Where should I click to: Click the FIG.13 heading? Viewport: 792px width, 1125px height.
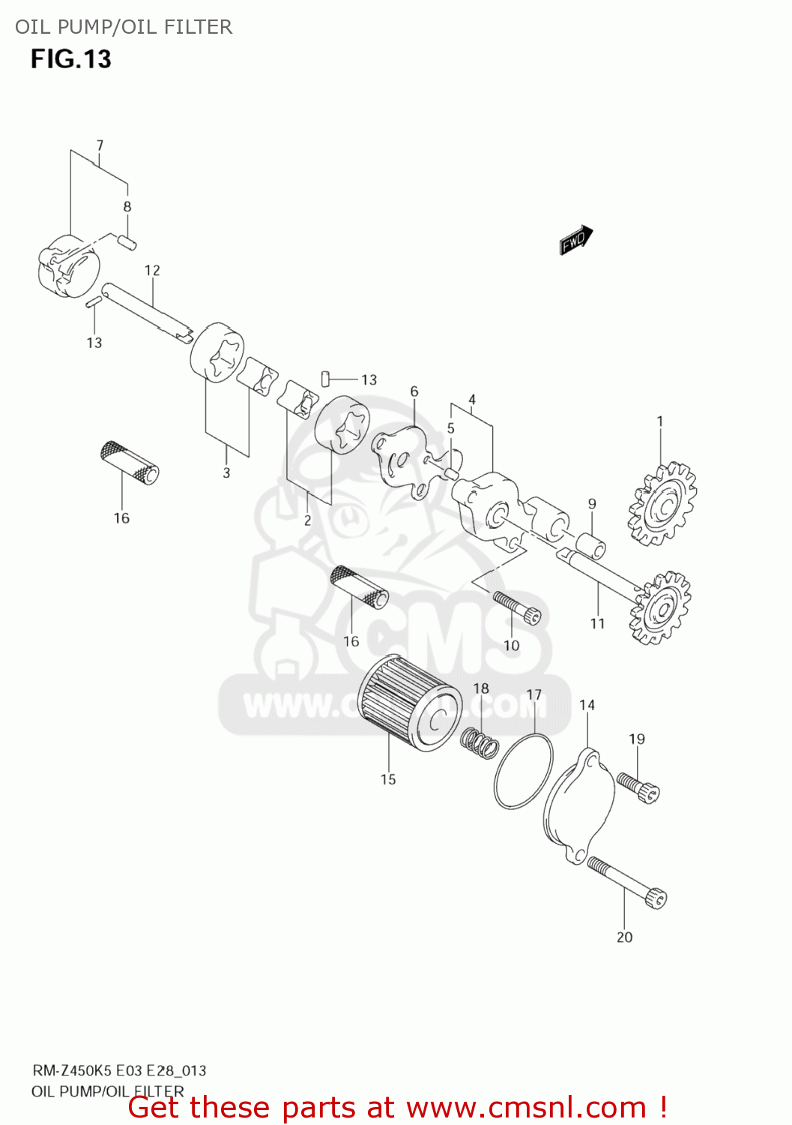tap(71, 59)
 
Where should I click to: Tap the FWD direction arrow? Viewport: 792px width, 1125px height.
tap(576, 240)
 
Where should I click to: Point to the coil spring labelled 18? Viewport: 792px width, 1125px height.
tap(480, 742)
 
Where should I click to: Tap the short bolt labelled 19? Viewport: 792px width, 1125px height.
tap(638, 787)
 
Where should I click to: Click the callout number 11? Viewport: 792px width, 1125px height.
tap(597, 623)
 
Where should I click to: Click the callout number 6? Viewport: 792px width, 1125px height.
tap(414, 391)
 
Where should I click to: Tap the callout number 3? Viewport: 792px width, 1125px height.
tap(226, 473)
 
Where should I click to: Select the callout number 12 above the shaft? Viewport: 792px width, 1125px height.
tap(152, 271)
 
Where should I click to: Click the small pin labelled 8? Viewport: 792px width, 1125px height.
tap(128, 241)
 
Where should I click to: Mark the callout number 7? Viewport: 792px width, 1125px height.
tap(100, 145)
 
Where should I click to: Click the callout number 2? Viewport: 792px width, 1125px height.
tap(307, 520)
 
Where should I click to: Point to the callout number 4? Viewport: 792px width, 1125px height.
tap(472, 400)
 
